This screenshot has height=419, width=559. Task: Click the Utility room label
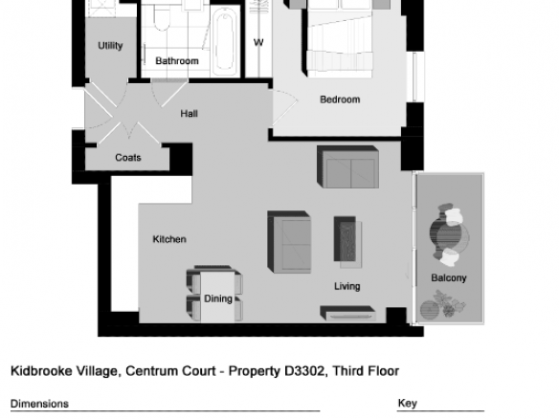110,46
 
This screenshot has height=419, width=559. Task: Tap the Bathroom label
177,61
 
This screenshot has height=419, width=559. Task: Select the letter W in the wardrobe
258,43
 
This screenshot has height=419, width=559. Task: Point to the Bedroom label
340,99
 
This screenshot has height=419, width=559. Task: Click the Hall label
189,114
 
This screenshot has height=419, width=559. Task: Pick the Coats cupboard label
128,158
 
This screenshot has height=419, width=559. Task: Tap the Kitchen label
169,239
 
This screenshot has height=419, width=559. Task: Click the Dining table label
218,298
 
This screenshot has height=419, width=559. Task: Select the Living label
347,286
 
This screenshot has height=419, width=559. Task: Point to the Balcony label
449,278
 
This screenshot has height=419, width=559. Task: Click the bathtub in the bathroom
225,41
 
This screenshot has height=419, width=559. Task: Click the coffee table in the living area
347,242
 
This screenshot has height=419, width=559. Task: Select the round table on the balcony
449,236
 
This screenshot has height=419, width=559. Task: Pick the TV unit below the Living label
347,313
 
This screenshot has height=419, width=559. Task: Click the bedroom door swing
285,107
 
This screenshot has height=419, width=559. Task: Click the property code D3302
304,371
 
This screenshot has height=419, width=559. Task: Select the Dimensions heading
39,404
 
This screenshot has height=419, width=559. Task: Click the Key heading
407,404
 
